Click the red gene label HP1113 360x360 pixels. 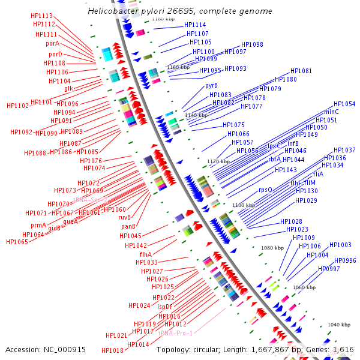click(41, 16)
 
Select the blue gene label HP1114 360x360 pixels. click(195, 25)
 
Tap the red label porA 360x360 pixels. click(52, 43)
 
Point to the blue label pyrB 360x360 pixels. click(211, 86)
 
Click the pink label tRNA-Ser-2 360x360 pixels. click(90, 200)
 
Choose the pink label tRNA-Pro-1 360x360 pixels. click(175, 333)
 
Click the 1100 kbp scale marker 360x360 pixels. click(244, 205)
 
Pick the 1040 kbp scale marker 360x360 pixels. click(338, 325)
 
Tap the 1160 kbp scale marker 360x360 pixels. click(178, 67)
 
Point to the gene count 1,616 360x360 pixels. click(343, 349)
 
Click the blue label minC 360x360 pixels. click(331, 112)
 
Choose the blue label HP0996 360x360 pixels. click(345, 260)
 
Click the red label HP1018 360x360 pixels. click(112, 350)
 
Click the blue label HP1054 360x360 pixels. click(344, 104)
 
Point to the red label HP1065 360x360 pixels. click(17, 242)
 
